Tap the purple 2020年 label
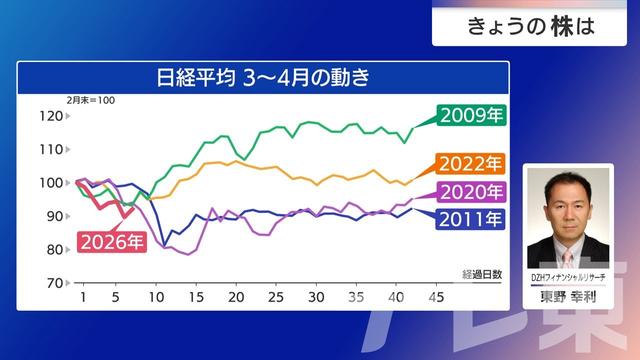tap(471, 192)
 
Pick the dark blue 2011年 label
tap(471, 218)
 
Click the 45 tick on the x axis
tap(436, 298)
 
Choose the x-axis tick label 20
tap(236, 298)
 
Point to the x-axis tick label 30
tap(316, 298)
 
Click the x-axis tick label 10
tap(156, 298)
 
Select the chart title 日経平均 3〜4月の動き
tap(262, 77)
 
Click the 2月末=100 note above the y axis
tap(91, 100)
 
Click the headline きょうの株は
tap(531, 27)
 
